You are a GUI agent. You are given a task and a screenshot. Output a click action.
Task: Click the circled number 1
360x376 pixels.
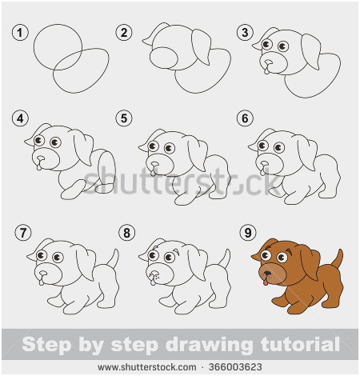tap(20, 33)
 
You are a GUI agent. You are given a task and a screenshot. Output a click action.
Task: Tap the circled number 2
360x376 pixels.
tap(123, 33)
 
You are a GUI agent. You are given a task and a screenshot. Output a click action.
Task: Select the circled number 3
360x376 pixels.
tap(245, 33)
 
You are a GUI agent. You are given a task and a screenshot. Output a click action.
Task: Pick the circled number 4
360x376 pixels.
tap(20, 119)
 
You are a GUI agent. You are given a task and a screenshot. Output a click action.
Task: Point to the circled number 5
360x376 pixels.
tap(123, 119)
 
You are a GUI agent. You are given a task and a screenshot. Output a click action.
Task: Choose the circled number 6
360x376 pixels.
tap(245, 119)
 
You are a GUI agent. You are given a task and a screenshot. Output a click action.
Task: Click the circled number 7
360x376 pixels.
tap(23, 233)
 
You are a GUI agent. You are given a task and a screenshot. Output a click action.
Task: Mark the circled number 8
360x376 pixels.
tap(126, 233)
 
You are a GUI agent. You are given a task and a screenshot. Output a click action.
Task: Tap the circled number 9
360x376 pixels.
tap(248, 233)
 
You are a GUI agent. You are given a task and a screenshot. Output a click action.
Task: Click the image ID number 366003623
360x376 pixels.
tap(234, 368)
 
